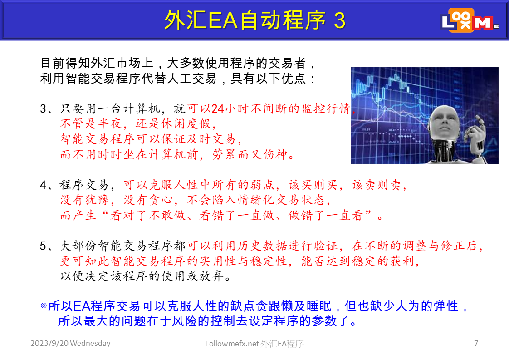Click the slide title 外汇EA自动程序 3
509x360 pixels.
click(x=255, y=20)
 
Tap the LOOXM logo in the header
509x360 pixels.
click(x=470, y=20)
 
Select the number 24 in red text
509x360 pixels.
click(x=217, y=109)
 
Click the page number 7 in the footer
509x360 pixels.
click(x=476, y=343)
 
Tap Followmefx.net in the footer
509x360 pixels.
click(x=232, y=344)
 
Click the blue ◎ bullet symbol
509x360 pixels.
click(x=44, y=306)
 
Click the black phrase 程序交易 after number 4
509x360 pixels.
click(x=84, y=185)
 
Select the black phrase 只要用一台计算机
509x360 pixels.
click(x=110, y=108)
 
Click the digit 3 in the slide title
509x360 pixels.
click(x=339, y=20)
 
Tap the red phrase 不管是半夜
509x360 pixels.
click(x=91, y=124)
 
